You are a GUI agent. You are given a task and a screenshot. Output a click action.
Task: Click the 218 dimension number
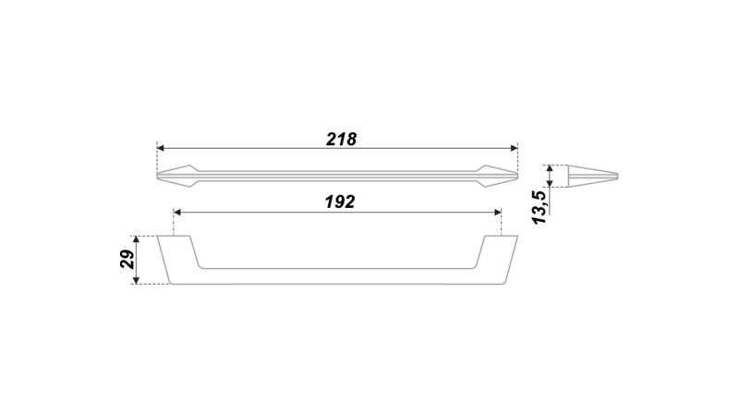click(341, 140)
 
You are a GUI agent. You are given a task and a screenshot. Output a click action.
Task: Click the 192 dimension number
click(339, 202)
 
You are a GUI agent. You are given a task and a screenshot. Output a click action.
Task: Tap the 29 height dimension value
click(127, 260)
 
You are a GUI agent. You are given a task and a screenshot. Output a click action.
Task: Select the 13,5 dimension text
click(539, 205)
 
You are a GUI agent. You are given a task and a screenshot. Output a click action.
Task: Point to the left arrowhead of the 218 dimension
click(160, 148)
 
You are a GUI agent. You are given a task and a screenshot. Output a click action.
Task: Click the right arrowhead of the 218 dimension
click(515, 148)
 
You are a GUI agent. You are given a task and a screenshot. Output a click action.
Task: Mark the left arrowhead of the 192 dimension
click(177, 213)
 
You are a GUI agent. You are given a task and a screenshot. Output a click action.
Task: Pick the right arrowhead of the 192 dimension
click(498, 213)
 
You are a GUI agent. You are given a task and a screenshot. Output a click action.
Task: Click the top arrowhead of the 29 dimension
click(136, 239)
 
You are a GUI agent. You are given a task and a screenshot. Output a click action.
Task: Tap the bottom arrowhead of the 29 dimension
click(136, 280)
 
